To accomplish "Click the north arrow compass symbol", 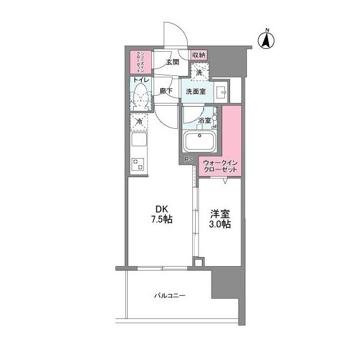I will (267, 39).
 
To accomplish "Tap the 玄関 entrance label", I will (172, 62).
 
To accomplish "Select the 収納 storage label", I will (199, 55).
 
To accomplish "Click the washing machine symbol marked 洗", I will (199, 71).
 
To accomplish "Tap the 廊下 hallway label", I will (166, 90).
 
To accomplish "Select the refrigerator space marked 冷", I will (139, 121).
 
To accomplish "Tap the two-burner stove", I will (138, 164).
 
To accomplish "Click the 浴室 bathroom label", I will (204, 120).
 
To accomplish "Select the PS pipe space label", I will (189, 160).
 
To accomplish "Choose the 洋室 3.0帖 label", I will (220, 218).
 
